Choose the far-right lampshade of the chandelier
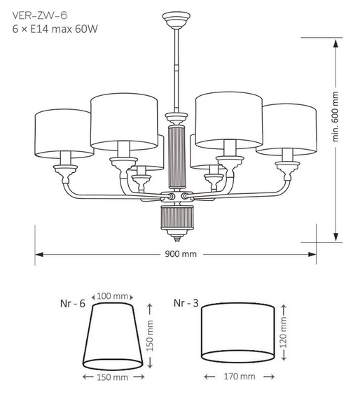point(286,129)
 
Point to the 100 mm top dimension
point(114,296)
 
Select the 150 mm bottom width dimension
point(114,377)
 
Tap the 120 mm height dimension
point(283,334)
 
